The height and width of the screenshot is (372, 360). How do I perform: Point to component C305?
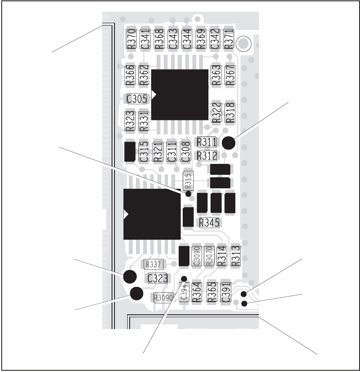point(137,99)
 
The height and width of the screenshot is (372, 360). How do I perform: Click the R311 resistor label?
point(207,142)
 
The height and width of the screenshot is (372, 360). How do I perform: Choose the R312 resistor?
point(207,155)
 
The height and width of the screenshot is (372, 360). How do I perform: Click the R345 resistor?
point(209,222)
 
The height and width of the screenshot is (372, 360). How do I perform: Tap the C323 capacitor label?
point(158,278)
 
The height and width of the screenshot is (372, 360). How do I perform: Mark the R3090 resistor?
point(163,298)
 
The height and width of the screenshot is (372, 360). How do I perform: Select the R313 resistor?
point(235,256)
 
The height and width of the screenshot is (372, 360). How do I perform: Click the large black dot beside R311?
point(229,144)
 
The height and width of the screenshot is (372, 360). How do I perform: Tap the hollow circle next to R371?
point(243,43)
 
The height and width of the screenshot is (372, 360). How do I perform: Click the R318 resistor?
point(230,113)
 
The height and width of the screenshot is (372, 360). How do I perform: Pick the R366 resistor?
point(130,75)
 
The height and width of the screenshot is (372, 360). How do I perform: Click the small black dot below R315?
point(189,194)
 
